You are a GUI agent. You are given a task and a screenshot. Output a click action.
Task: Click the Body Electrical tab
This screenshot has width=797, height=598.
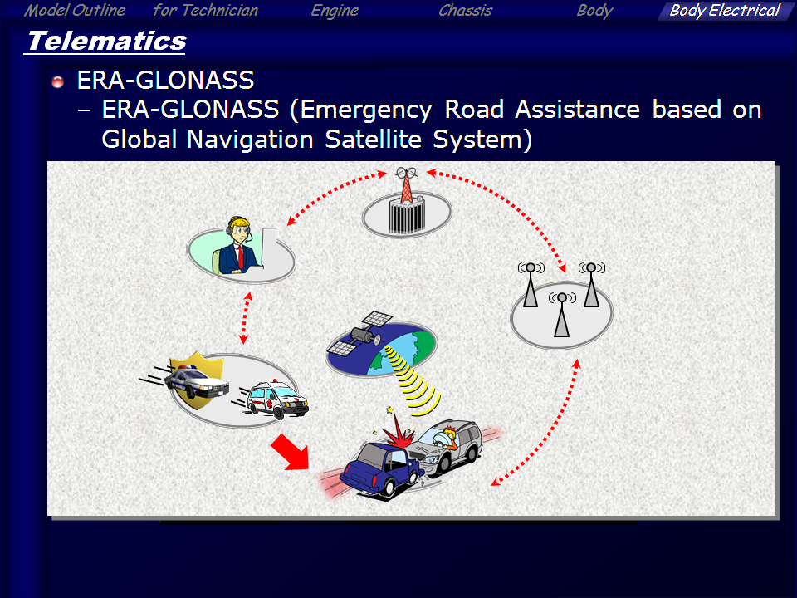tap(724, 11)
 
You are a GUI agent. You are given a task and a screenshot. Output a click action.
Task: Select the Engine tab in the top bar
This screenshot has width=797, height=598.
tap(335, 11)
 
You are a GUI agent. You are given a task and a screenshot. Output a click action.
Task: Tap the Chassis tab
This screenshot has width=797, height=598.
tap(465, 11)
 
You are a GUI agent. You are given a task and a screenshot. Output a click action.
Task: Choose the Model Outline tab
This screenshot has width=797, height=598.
tap(75, 11)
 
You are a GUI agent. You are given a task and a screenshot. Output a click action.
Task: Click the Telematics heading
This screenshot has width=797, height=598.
tap(107, 41)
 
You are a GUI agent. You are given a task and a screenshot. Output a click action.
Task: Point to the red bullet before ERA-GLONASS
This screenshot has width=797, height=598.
tap(58, 81)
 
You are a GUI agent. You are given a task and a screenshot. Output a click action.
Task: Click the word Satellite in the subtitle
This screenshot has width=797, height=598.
tap(373, 139)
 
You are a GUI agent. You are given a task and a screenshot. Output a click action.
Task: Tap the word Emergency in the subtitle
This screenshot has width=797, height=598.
tap(366, 110)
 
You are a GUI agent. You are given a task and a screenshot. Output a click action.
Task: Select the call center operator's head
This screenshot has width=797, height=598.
tap(238, 230)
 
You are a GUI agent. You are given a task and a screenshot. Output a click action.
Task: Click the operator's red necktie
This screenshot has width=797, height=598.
tap(240, 257)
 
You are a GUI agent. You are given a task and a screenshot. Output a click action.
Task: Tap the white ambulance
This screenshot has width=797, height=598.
tap(277, 399)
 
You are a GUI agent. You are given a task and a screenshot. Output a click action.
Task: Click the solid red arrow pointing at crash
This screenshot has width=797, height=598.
tap(291, 452)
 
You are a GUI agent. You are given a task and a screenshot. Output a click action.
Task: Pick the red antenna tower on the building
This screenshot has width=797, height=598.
tap(407, 185)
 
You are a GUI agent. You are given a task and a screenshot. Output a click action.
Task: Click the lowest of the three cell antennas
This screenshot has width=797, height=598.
tap(562, 316)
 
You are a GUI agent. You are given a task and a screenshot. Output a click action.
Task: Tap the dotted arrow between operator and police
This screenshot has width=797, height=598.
tap(246, 318)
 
